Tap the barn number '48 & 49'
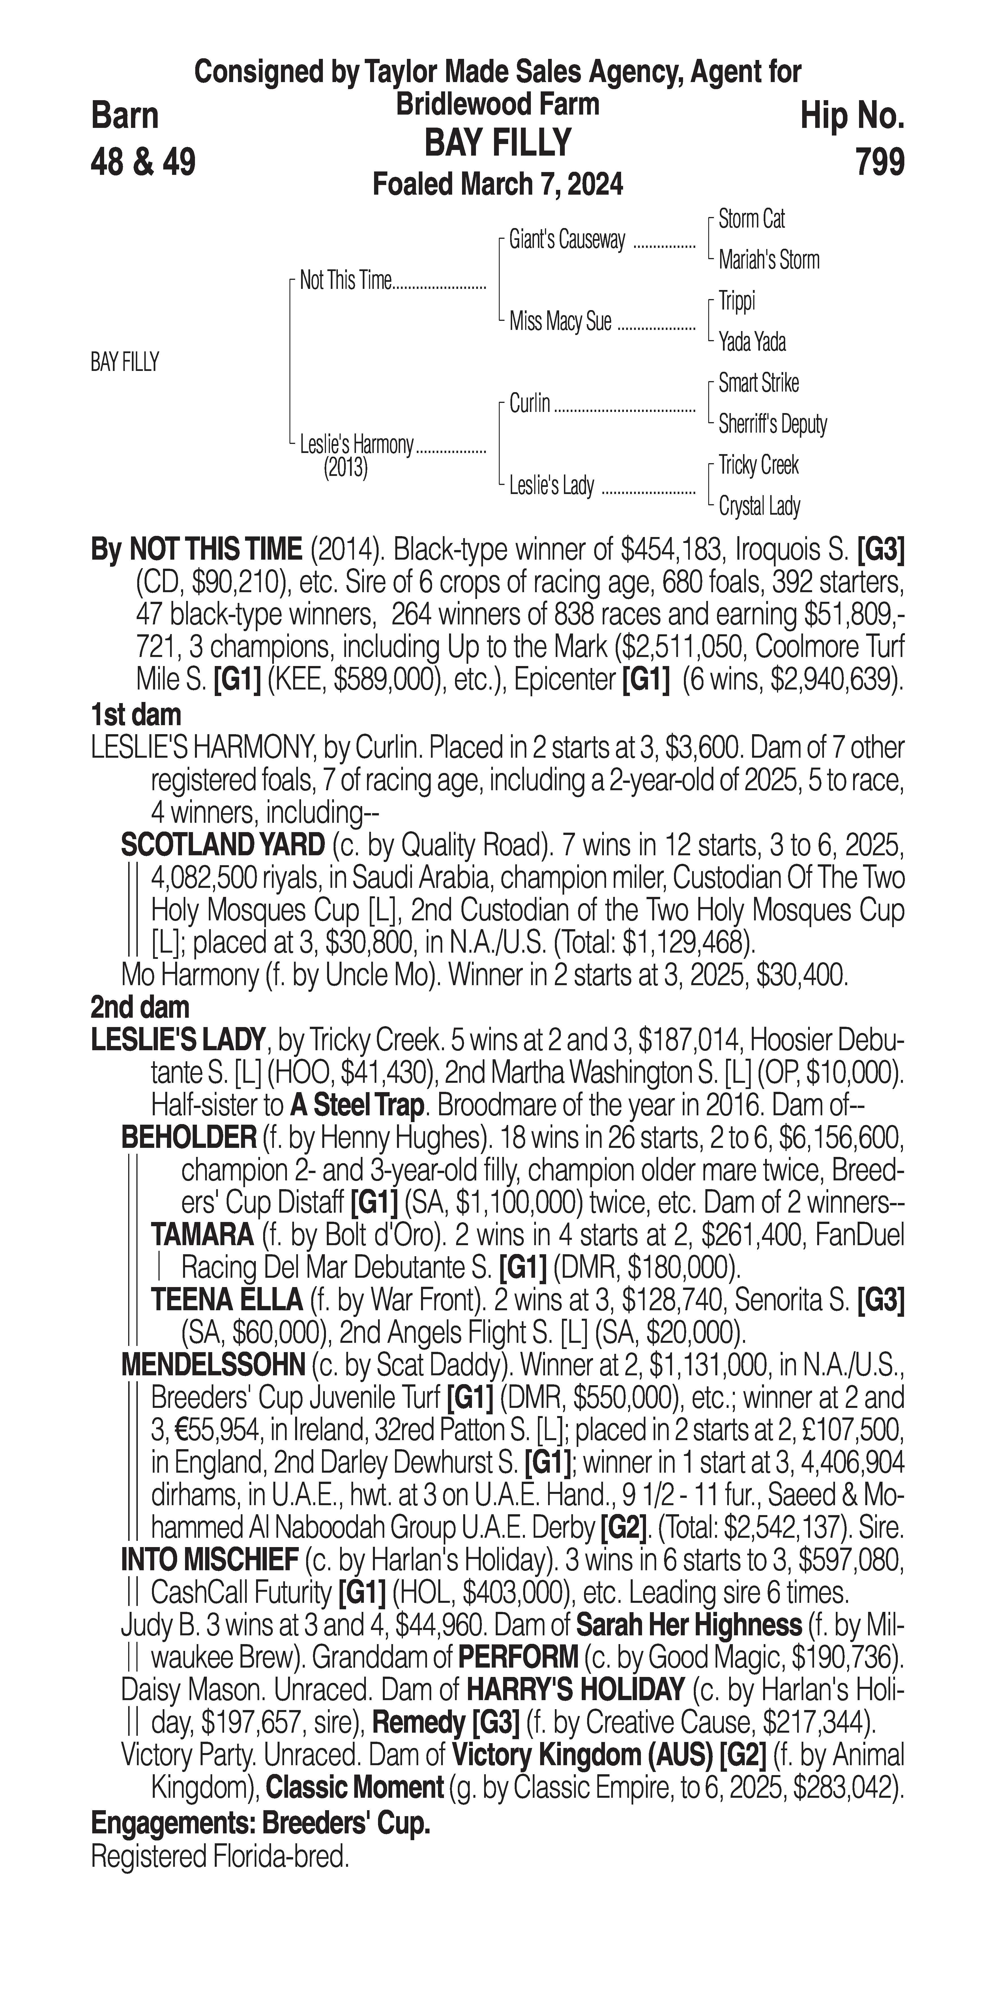[x=143, y=162]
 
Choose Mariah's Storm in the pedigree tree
[x=768, y=260]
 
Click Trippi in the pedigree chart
[x=737, y=301]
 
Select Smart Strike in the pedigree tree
[x=758, y=383]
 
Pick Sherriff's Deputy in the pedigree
[x=772, y=424]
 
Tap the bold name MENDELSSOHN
[x=213, y=1365]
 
